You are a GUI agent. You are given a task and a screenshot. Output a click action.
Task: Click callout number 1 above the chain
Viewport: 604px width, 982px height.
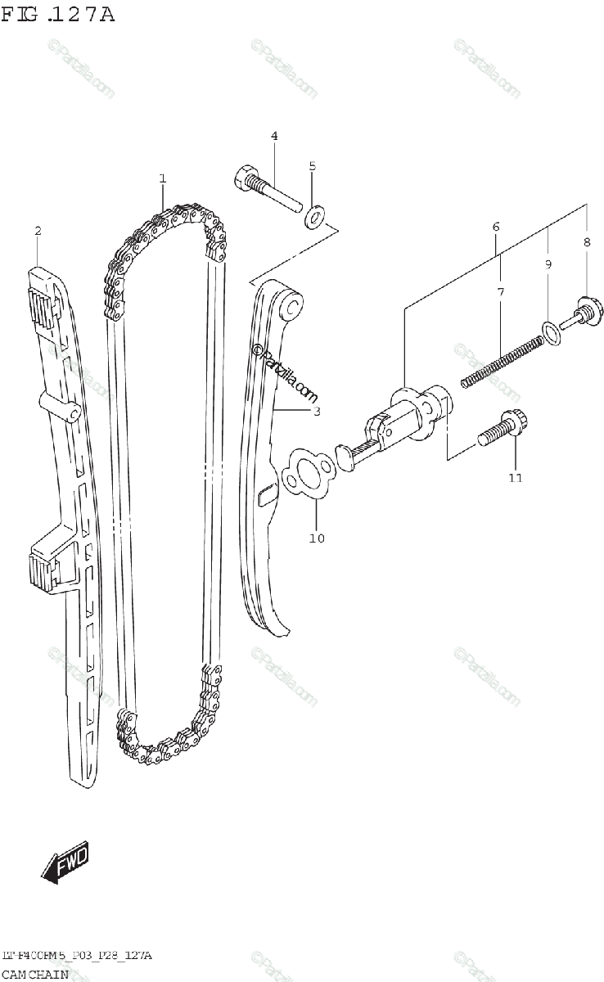(x=163, y=178)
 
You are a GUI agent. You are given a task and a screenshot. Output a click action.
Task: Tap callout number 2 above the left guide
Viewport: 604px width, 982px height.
(x=38, y=232)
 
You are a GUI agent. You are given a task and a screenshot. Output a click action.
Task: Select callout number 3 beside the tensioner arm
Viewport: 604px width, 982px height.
(x=316, y=411)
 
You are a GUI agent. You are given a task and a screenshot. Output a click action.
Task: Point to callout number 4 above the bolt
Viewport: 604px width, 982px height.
(x=274, y=136)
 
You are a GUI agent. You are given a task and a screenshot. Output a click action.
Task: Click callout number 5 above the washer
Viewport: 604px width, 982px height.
(x=312, y=166)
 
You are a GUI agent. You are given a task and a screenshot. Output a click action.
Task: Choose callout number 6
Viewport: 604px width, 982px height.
(x=496, y=226)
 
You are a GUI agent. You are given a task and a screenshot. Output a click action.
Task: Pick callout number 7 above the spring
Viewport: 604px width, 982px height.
(x=499, y=291)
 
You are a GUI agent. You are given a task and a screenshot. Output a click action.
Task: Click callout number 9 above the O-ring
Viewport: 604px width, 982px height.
(x=548, y=264)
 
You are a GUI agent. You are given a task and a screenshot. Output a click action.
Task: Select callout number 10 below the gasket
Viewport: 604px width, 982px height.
(x=317, y=538)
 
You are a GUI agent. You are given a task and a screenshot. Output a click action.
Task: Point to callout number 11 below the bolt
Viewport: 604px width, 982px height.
(x=514, y=477)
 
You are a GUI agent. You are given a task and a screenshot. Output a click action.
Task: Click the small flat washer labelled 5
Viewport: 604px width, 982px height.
(x=314, y=218)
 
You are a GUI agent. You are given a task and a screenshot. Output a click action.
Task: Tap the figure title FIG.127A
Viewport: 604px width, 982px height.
(x=57, y=14)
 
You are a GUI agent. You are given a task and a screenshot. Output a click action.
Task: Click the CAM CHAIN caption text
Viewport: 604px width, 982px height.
(x=34, y=974)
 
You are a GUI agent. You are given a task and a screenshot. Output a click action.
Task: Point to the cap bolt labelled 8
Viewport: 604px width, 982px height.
(x=582, y=311)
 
